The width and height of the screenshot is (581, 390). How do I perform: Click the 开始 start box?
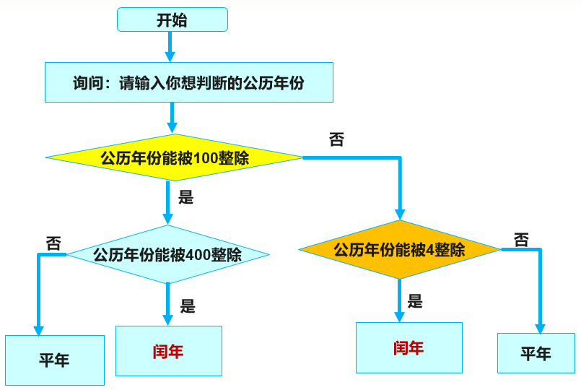pos(172,19)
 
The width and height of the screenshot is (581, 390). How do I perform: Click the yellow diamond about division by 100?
pos(174,157)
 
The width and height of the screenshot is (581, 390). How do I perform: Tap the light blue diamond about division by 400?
pos(167,255)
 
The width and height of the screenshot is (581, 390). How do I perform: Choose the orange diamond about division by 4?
pos(399,250)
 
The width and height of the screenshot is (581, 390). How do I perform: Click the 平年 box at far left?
pos(54,359)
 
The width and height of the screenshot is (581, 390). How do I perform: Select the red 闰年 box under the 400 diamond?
pos(168,351)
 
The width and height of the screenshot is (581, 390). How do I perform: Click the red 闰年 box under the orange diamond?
pos(409,347)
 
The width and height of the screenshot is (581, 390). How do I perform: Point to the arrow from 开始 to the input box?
pos(170,47)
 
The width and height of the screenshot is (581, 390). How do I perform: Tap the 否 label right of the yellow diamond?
pos(336,139)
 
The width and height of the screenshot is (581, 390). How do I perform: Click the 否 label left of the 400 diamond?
pos(53,242)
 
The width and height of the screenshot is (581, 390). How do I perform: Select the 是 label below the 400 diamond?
pos(188,305)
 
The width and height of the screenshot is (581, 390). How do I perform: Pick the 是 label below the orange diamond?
pos(414,300)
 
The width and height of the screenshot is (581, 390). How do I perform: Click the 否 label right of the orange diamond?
pos(521,239)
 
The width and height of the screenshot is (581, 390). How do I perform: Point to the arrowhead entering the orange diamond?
pos(399,214)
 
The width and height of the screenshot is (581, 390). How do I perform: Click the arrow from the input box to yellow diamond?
pos(172,117)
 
